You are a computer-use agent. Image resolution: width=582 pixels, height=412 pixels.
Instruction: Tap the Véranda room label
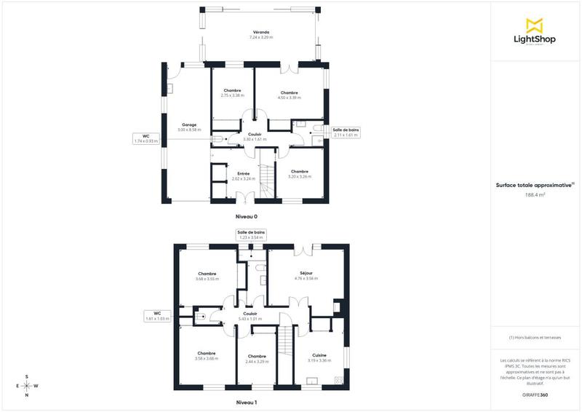[x=261, y=33]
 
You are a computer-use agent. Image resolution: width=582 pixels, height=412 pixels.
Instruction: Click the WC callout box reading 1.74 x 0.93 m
[x=145, y=138]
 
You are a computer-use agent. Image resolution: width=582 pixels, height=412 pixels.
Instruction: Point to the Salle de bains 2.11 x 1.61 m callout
[x=346, y=132]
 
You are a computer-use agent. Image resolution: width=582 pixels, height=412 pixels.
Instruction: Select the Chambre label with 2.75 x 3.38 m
[x=232, y=92]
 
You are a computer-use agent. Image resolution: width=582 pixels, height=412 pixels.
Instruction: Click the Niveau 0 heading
[x=246, y=216]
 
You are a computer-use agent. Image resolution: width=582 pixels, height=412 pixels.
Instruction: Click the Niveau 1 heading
[x=246, y=402]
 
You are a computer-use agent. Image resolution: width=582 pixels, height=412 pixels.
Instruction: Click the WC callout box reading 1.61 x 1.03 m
[x=157, y=316]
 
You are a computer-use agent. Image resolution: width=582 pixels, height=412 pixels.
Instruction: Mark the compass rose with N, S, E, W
[x=27, y=386]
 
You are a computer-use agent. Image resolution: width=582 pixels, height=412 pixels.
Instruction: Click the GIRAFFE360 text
[x=535, y=394]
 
